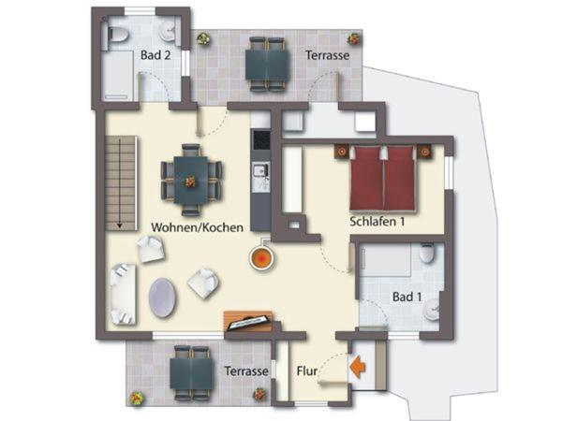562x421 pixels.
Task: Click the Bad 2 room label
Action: click(x=155, y=55)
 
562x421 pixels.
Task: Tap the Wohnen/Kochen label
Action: click(x=197, y=227)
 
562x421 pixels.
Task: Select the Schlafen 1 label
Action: click(x=377, y=221)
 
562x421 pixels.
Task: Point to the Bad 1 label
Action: click(x=407, y=297)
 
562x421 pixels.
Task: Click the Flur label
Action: click(x=307, y=371)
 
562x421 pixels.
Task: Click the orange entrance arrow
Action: click(x=358, y=367)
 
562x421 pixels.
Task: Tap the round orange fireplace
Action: click(x=262, y=257)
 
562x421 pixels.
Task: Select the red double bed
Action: click(x=382, y=179)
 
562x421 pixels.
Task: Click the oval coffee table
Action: click(x=162, y=298)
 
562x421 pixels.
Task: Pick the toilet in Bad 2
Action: click(x=118, y=36)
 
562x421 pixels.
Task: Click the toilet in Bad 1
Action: click(x=426, y=254)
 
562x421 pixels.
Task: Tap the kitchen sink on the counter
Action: click(x=260, y=169)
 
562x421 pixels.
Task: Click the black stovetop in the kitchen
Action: click(x=261, y=139)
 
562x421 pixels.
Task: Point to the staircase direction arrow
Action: click(x=120, y=183)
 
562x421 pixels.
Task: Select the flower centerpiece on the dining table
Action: click(x=190, y=181)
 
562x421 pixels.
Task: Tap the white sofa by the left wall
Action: click(x=123, y=295)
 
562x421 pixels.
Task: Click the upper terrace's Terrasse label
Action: click(x=327, y=55)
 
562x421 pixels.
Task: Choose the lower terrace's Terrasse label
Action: click(x=246, y=371)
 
